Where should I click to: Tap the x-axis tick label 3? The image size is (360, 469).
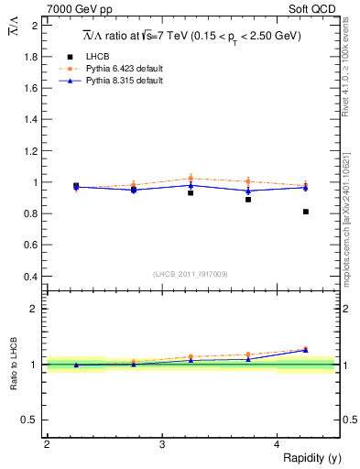click(x=161, y=444)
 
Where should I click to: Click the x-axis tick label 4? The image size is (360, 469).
click(x=277, y=444)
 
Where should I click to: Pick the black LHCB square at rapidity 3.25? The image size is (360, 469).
click(x=191, y=193)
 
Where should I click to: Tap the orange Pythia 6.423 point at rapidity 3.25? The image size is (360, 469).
click(x=191, y=178)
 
